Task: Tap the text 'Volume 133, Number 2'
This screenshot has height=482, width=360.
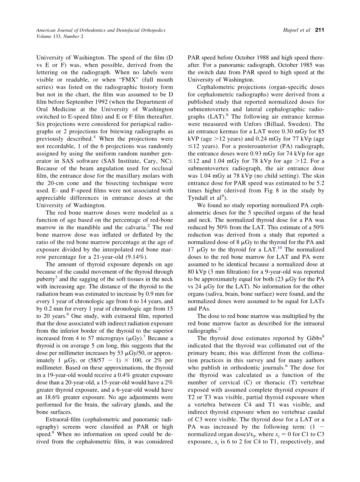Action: coord(60,36)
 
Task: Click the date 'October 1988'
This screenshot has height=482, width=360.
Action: coord(261,58)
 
